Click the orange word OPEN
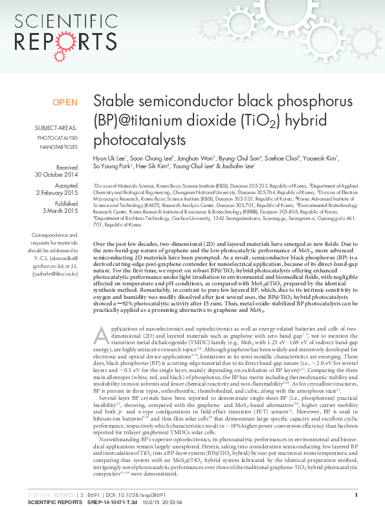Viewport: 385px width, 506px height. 65,102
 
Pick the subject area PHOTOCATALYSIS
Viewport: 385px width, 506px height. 58,138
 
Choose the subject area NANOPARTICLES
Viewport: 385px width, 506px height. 59,148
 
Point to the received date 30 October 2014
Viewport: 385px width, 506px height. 56,175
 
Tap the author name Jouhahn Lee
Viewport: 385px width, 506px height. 239,166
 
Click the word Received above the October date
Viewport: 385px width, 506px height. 67,166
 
